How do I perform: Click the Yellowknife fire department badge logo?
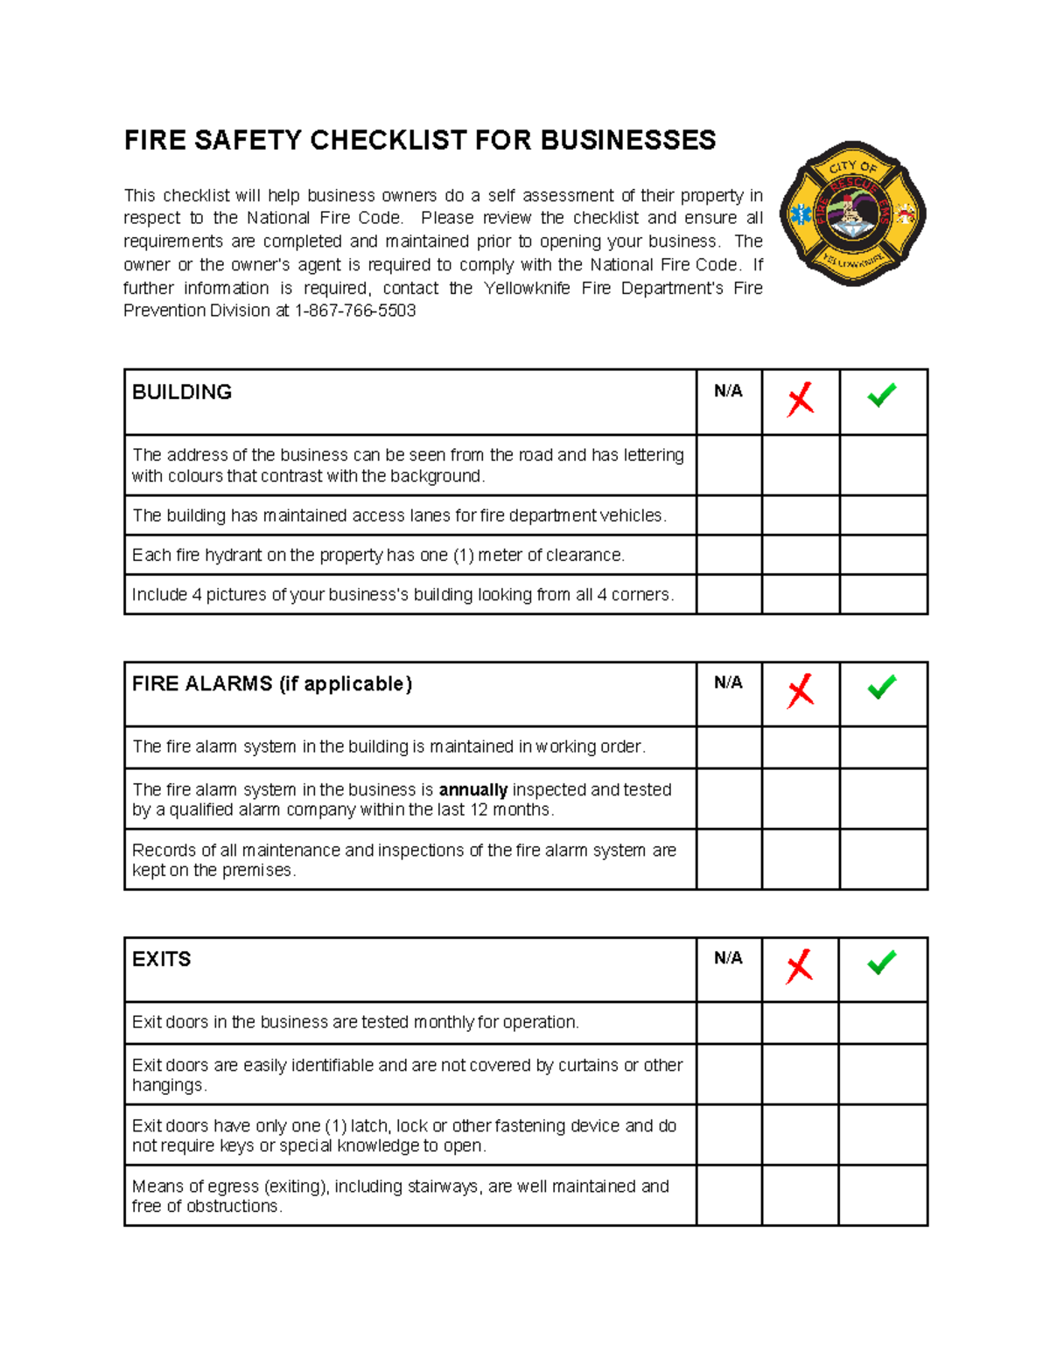[x=852, y=214]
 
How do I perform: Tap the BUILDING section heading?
[x=182, y=392]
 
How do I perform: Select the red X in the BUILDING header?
[x=800, y=400]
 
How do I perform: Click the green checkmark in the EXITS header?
[x=881, y=962]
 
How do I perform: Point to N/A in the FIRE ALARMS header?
[x=728, y=683]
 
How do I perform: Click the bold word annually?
[x=472, y=789]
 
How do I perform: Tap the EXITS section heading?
[x=161, y=959]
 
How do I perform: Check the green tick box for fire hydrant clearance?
[x=883, y=555]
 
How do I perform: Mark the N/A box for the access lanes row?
[x=729, y=515]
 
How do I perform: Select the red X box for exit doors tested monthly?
[x=800, y=1022]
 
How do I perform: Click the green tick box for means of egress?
[x=882, y=1195]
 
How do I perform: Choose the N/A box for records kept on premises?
[x=729, y=859]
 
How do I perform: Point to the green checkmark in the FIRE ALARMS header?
[x=881, y=687]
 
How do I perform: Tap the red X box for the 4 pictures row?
[x=800, y=594]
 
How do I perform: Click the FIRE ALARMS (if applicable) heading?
[x=272, y=683]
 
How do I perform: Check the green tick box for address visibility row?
[x=883, y=465]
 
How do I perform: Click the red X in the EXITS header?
[x=799, y=967]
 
